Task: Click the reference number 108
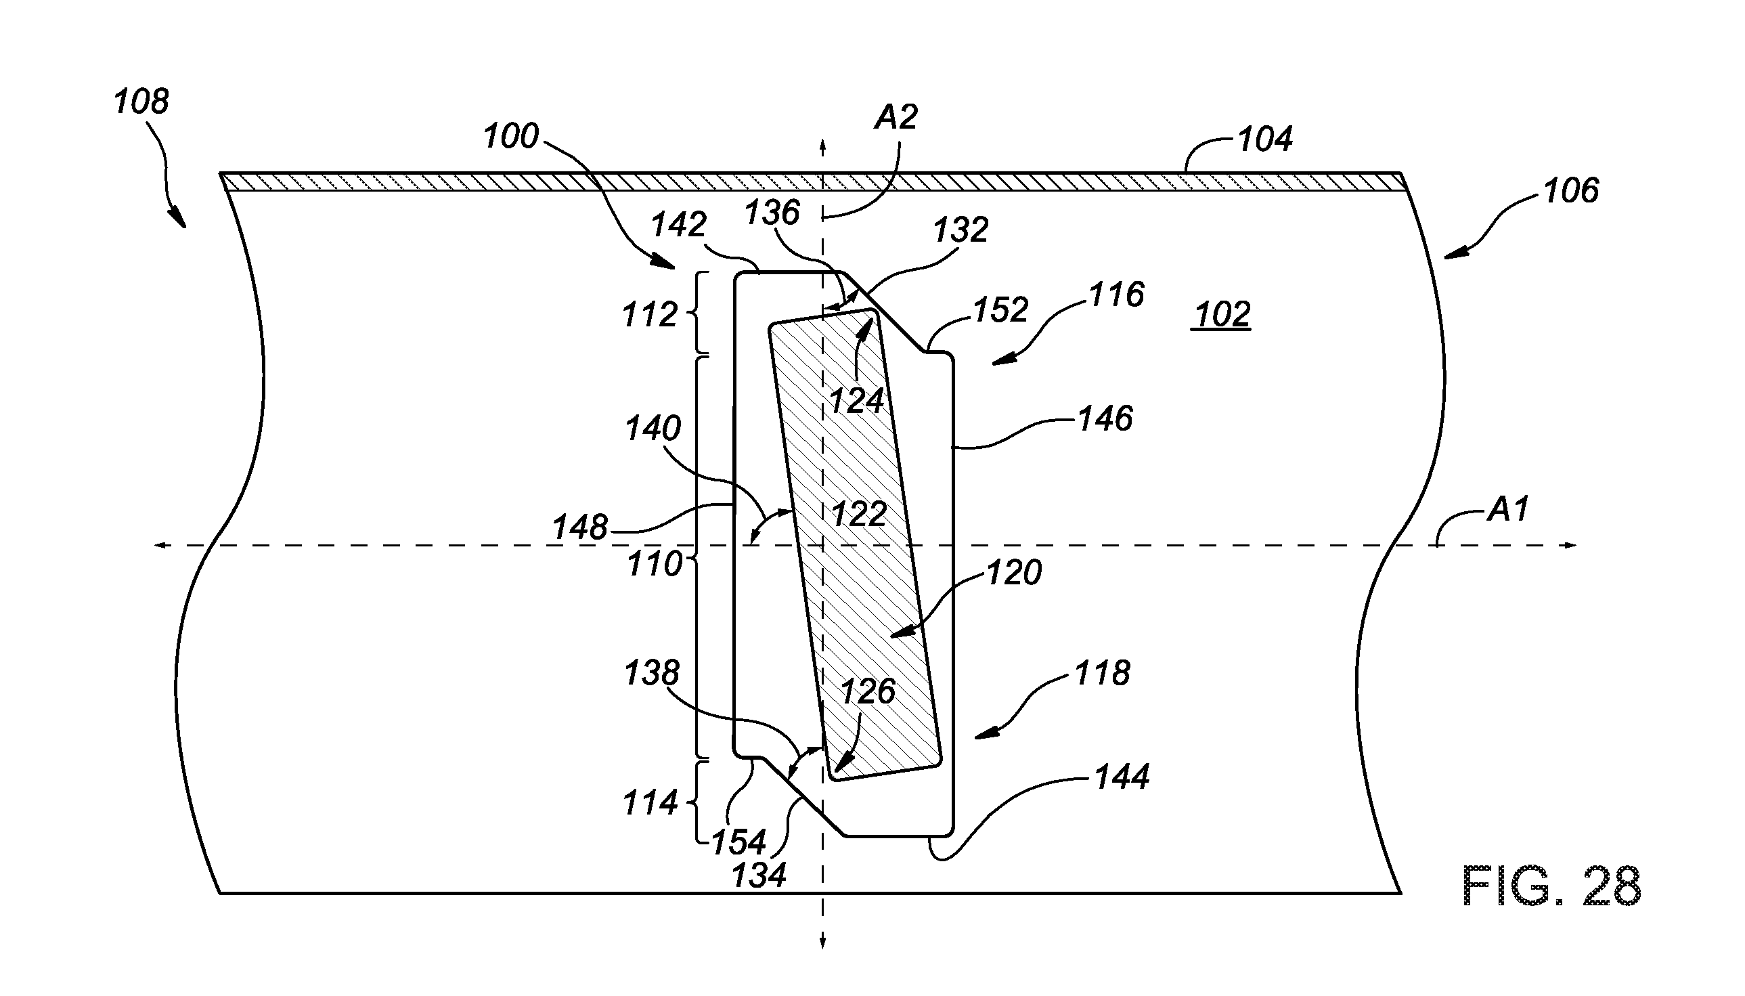[x=141, y=102]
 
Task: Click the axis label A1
[x=1507, y=509]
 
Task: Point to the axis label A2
[x=896, y=117]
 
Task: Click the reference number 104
[x=1265, y=139]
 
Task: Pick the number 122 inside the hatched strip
[x=859, y=514]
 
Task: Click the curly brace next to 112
[x=694, y=313]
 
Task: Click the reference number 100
[x=511, y=136]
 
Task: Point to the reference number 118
[x=1102, y=673]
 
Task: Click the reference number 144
[x=1122, y=777]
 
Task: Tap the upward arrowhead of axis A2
[x=822, y=145]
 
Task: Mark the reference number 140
[x=653, y=429]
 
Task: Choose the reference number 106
[x=1571, y=190]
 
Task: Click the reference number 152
[x=1000, y=310]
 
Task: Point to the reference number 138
[x=652, y=673]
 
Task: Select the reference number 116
[x=1116, y=295]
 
